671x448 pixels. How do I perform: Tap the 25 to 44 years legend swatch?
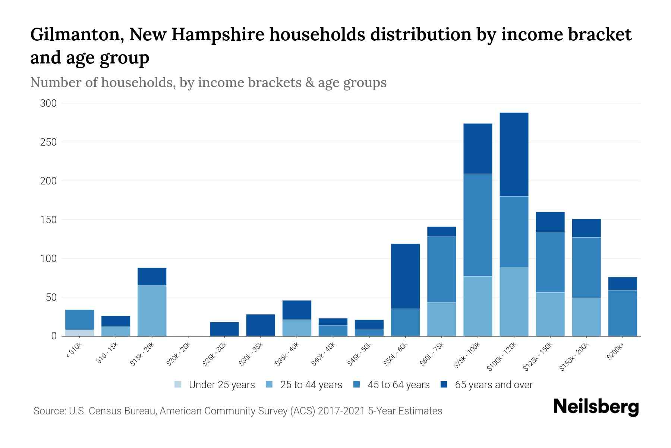pos(269,385)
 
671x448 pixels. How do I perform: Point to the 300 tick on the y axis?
pos(48,103)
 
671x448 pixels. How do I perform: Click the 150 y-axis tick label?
pos(48,220)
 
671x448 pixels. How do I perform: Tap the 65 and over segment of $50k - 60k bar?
pos(405,276)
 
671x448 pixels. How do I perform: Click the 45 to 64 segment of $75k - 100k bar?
pos(478,225)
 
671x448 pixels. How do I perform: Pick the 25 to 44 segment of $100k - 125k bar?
pos(514,302)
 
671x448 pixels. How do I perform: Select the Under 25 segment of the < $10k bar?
pos(79,333)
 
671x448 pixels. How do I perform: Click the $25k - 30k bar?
pos(224,329)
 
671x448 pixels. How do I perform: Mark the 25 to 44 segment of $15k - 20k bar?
pos(152,311)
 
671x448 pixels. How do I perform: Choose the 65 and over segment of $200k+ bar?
pos(622,283)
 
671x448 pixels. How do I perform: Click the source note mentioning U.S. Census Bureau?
pos(237,411)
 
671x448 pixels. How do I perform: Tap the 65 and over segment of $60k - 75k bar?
pos(441,231)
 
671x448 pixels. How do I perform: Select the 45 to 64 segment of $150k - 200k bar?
pos(586,267)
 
